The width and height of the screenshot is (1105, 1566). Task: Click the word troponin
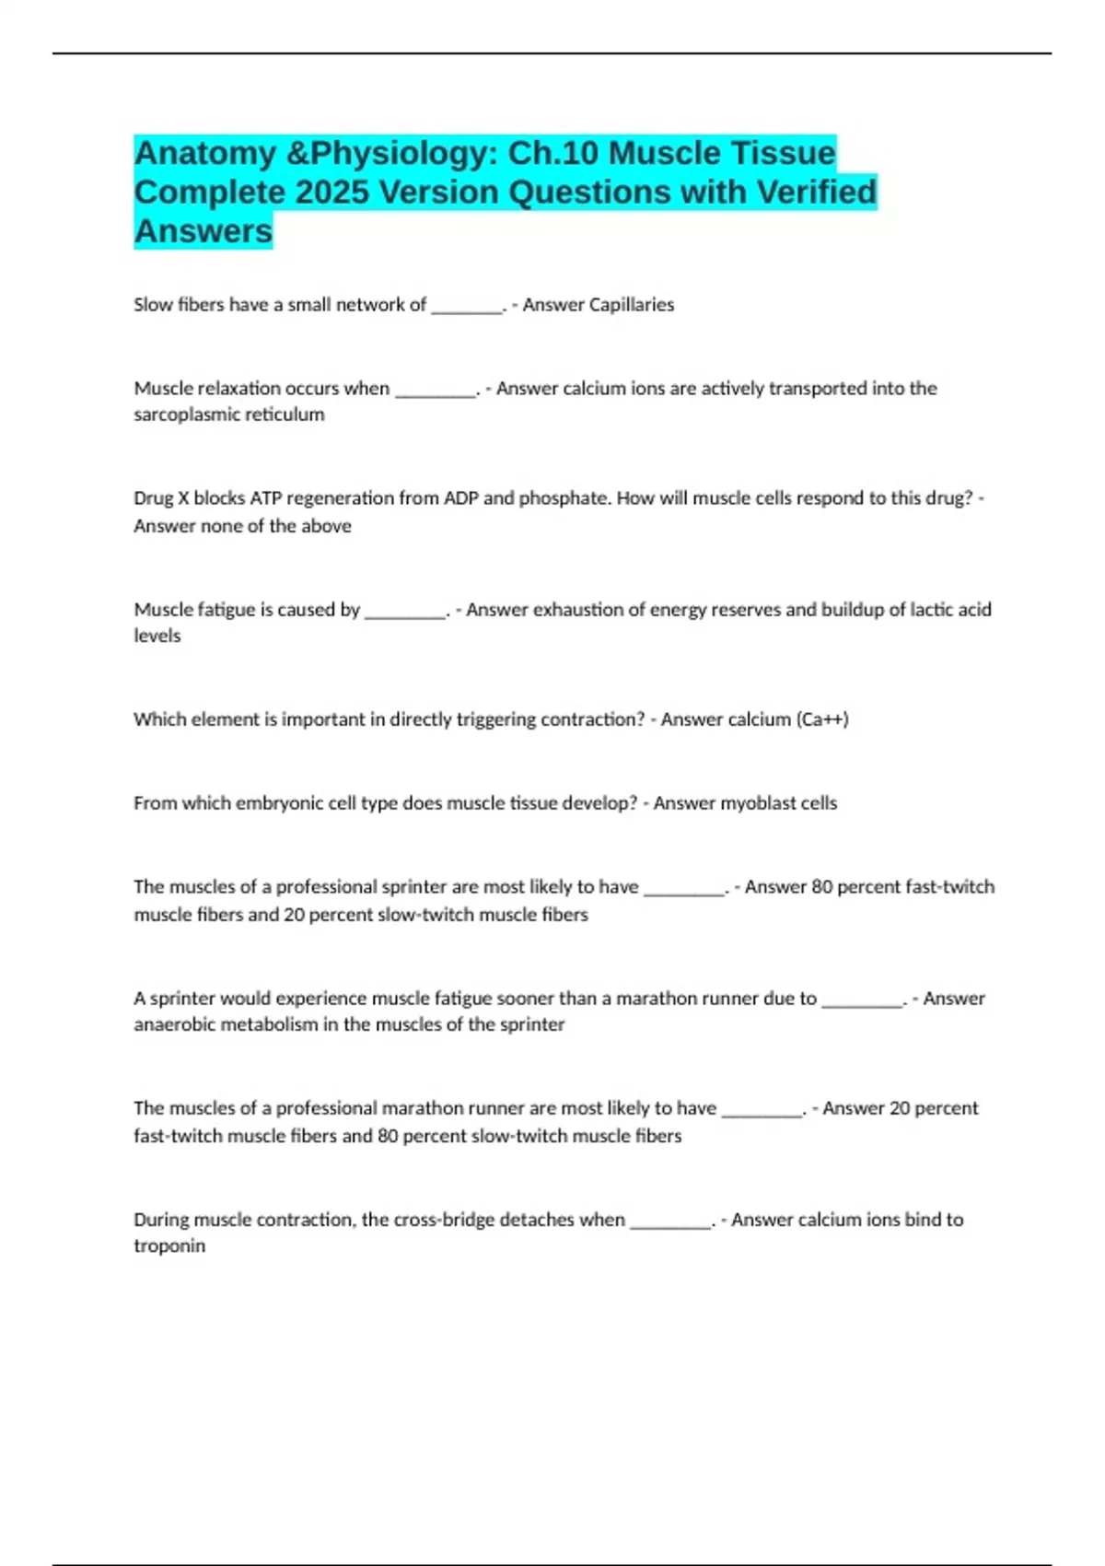(169, 1246)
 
